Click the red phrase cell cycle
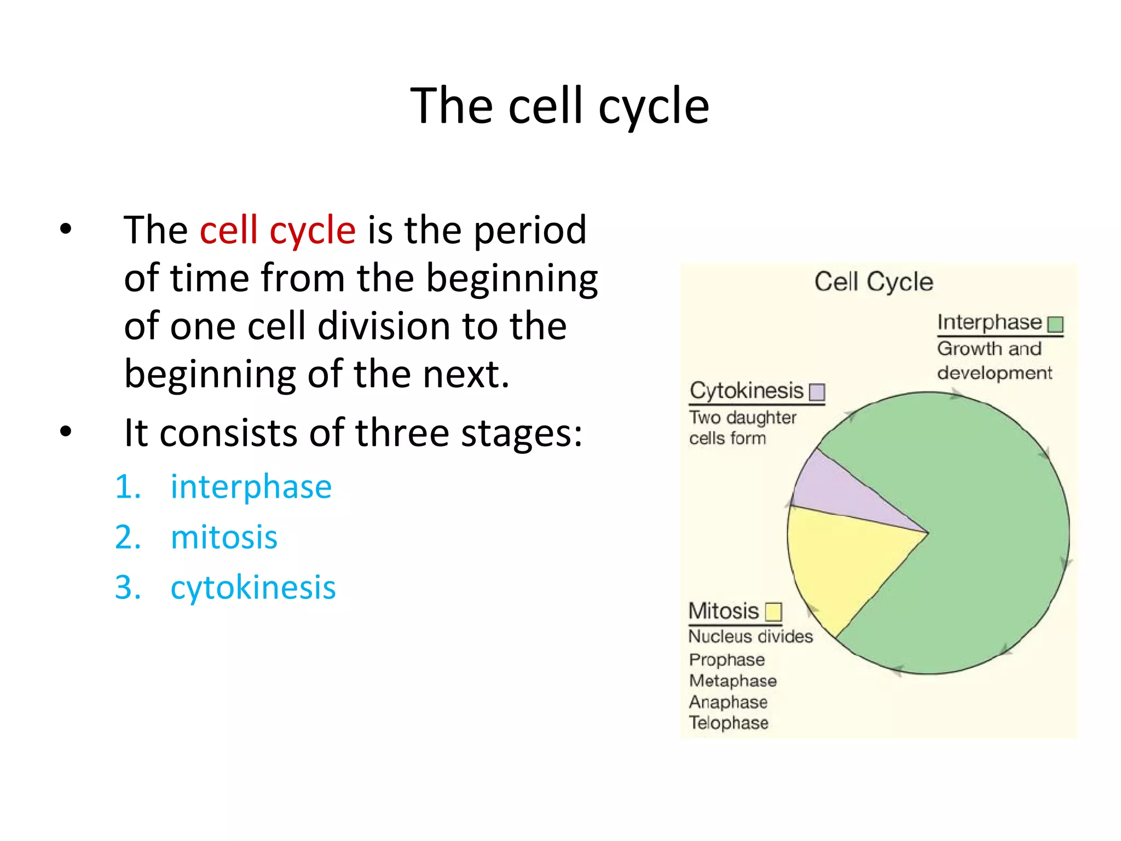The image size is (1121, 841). (x=278, y=231)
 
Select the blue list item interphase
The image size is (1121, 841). (x=251, y=487)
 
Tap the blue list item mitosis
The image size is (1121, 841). (x=224, y=537)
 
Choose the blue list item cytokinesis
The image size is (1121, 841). (x=253, y=588)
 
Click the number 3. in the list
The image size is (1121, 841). (x=128, y=588)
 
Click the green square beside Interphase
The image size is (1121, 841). (x=1055, y=325)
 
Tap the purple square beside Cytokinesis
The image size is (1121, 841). (x=817, y=392)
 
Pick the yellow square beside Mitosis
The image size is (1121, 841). (x=773, y=612)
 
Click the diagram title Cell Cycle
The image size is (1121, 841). (x=874, y=282)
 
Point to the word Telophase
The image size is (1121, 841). (x=729, y=723)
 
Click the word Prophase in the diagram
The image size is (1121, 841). (x=727, y=660)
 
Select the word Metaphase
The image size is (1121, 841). (x=733, y=681)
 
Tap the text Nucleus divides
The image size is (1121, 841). (x=750, y=636)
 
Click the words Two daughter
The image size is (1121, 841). (x=743, y=417)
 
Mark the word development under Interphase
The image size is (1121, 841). (x=995, y=373)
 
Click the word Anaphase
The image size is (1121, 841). (x=728, y=702)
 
